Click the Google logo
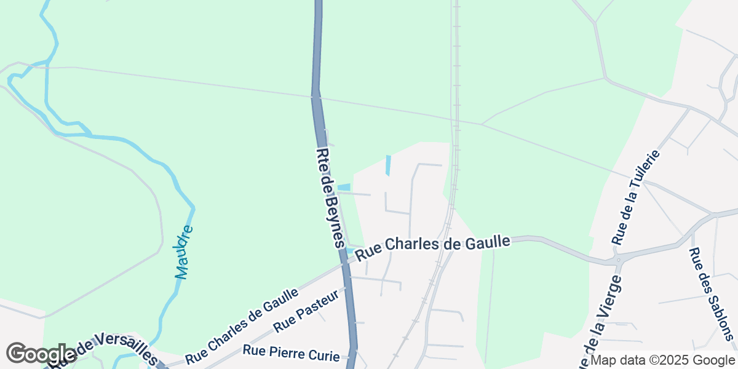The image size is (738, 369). pyautogui.click(x=41, y=354)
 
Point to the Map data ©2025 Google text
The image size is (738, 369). pyautogui.click(x=662, y=360)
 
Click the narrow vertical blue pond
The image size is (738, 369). pyautogui.click(x=388, y=165)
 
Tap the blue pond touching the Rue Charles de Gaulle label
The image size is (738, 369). pyautogui.click(x=350, y=251)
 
